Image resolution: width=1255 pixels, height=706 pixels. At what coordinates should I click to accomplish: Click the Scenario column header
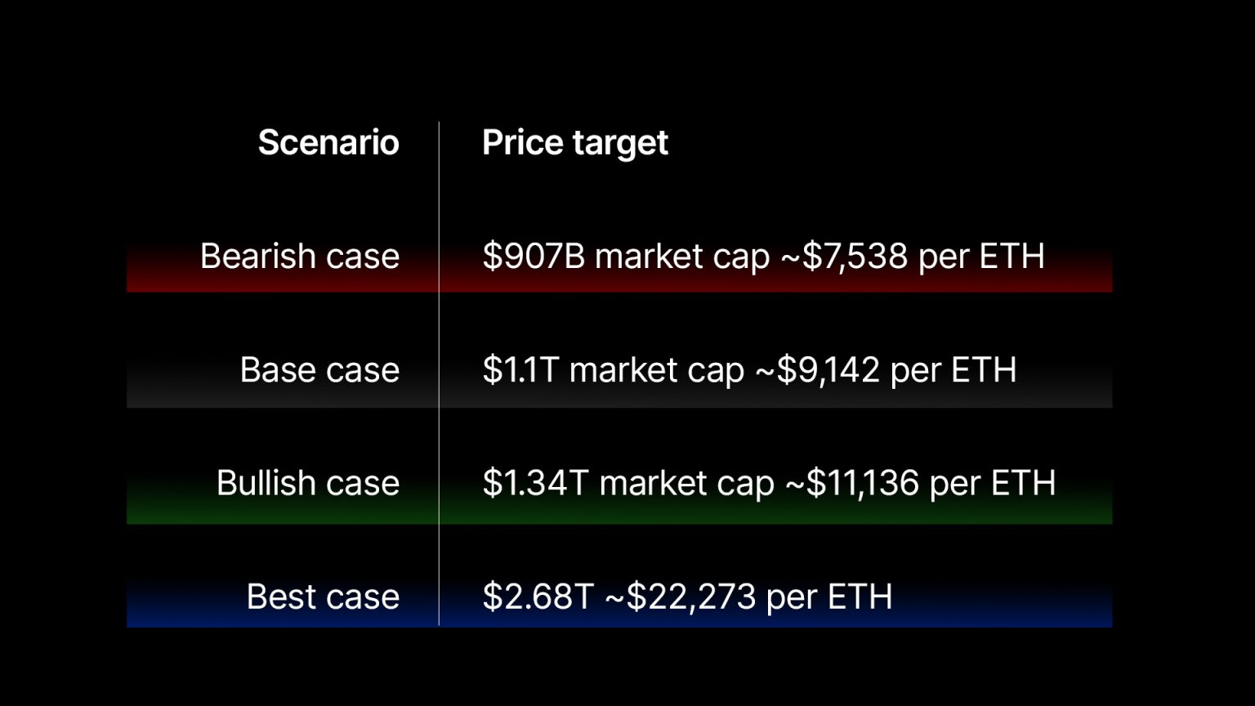pos(328,143)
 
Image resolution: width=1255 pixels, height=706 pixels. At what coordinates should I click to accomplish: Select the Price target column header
pos(574,143)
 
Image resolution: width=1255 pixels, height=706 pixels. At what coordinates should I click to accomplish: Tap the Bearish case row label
pos(300,257)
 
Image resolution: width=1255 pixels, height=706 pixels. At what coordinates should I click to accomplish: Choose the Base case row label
pos(319,370)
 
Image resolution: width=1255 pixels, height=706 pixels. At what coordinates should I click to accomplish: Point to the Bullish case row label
pos(308,483)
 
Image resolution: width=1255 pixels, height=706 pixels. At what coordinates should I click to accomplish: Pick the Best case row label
pos(323,597)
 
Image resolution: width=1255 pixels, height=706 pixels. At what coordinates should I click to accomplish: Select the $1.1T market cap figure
pos(520,370)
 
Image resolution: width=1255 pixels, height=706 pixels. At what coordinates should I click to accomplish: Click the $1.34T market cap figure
pos(535,483)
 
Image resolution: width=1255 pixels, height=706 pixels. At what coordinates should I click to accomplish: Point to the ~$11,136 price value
pos(852,483)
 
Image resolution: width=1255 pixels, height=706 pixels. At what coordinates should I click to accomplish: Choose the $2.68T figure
pos(538,597)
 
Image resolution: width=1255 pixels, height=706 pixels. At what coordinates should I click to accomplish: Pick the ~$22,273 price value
pos(680,597)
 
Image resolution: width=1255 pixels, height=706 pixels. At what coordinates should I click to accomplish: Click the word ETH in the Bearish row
pos(1012,257)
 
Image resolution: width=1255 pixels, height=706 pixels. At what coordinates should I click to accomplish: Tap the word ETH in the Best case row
pos(860,597)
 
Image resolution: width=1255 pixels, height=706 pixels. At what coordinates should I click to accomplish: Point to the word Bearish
pos(257,257)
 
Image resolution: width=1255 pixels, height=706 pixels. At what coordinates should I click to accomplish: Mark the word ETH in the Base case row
pos(984,370)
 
